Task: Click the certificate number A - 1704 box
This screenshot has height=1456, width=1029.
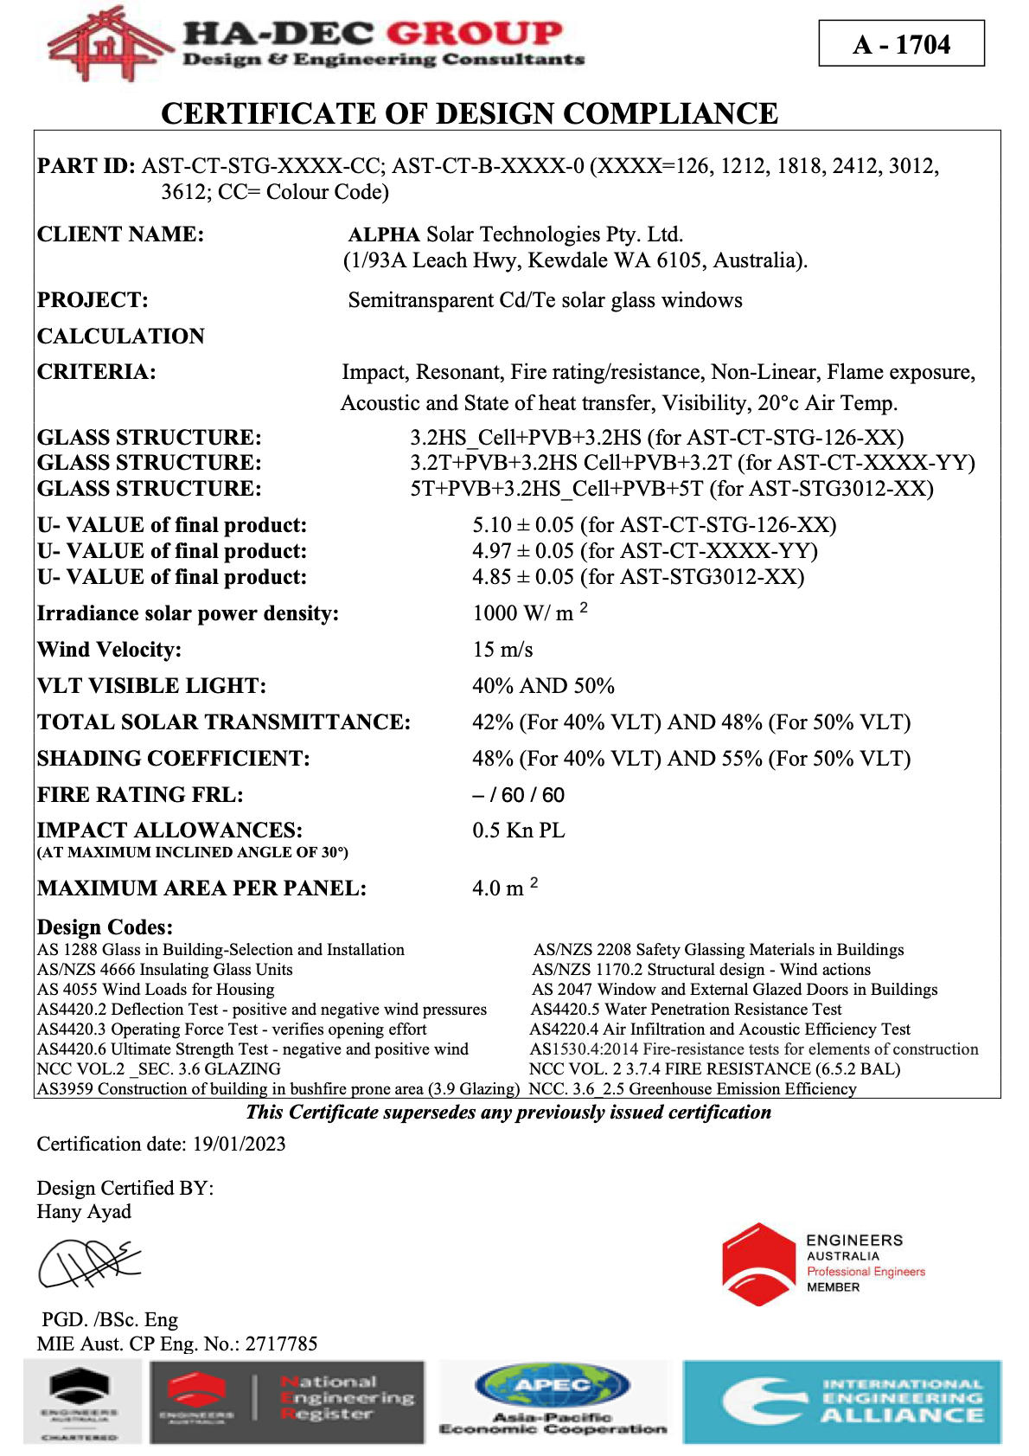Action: pos(901,44)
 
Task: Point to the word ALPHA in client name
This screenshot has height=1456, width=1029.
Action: pos(384,234)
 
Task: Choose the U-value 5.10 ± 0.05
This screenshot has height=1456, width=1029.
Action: pos(523,525)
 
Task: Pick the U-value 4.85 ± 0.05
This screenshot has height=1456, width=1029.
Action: pos(523,577)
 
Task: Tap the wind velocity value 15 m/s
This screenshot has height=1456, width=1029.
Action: pos(502,650)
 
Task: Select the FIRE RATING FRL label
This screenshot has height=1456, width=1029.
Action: pos(140,794)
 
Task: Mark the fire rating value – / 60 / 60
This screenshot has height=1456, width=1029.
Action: pos(518,795)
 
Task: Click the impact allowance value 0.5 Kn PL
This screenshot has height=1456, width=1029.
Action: pos(518,831)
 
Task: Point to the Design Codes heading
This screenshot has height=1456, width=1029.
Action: pos(105,927)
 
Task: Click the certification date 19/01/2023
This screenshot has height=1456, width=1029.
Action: pos(239,1144)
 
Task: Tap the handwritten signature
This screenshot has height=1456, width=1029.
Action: pos(89,1262)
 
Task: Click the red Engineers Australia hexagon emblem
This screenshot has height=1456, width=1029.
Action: pos(758,1263)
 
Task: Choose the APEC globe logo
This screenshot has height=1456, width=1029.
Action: pos(553,1386)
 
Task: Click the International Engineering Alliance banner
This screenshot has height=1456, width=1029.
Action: pos(841,1401)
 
